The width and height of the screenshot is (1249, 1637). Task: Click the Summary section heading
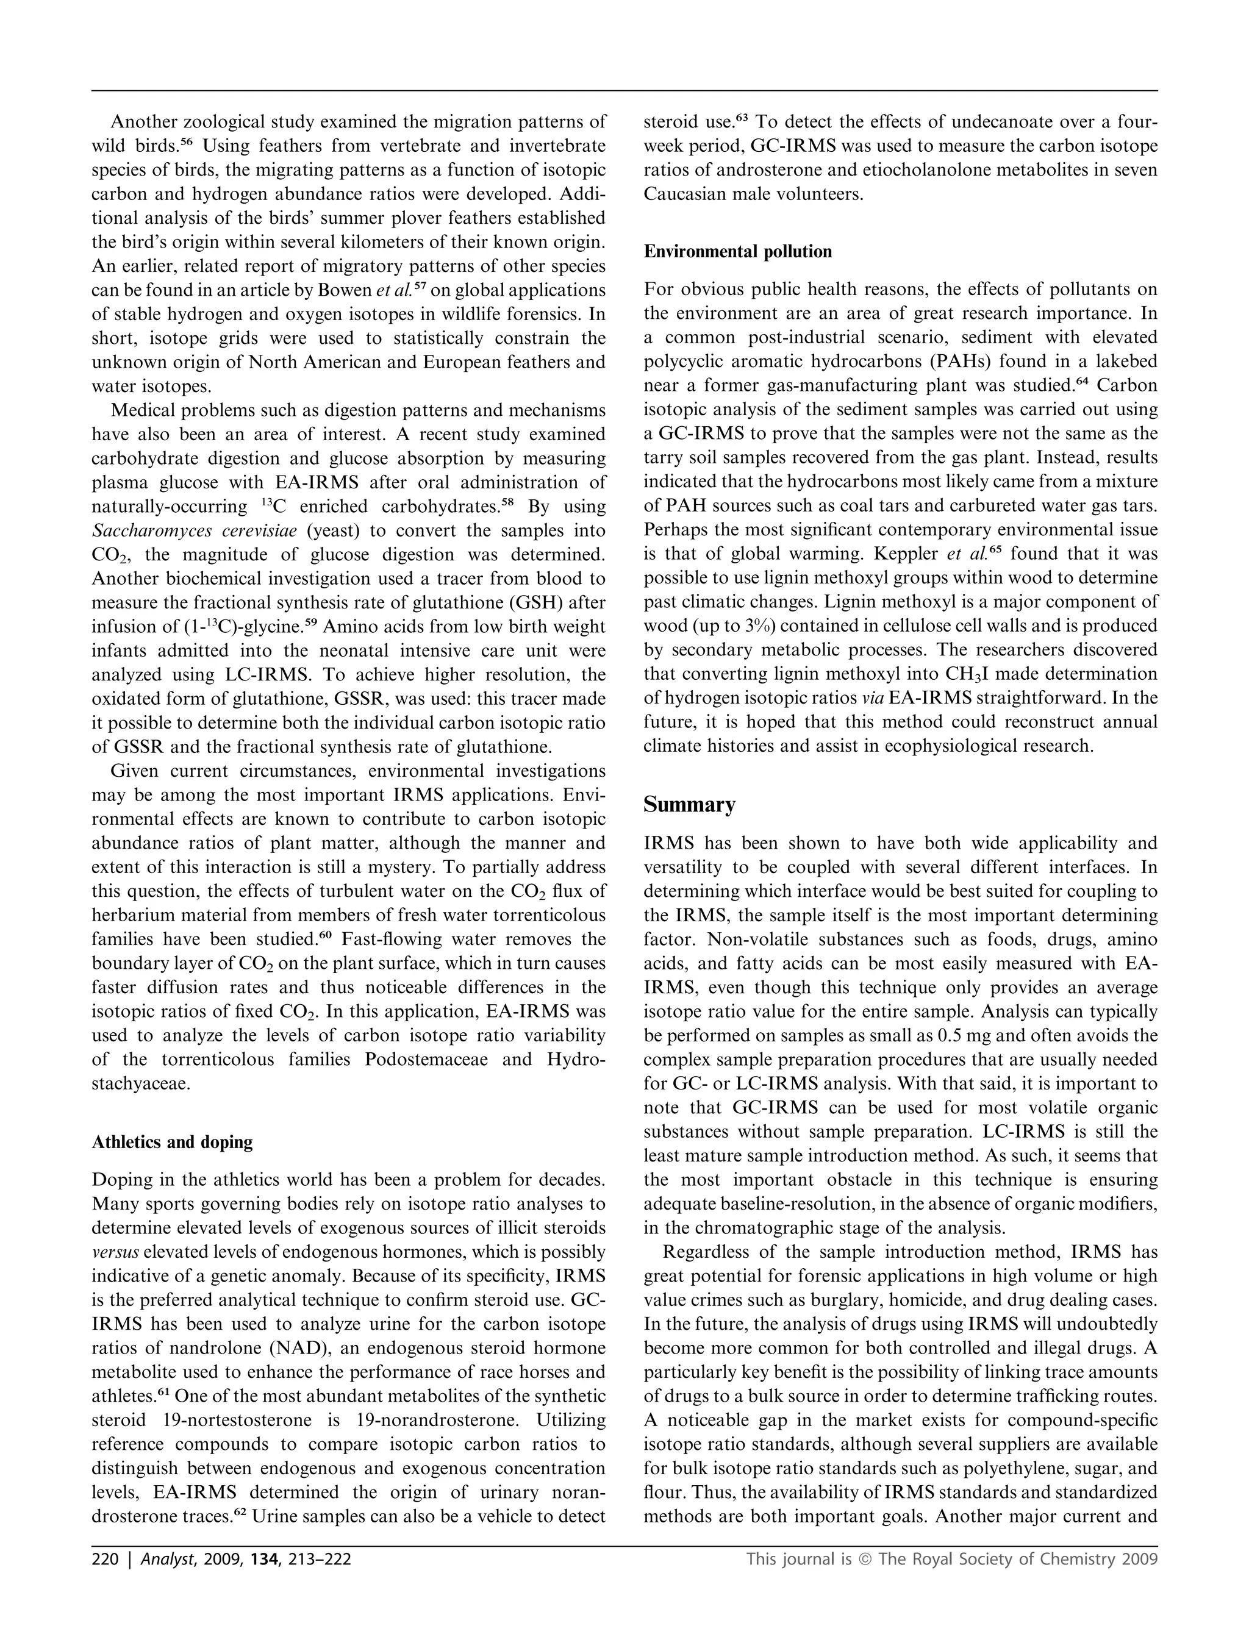pyautogui.click(x=689, y=805)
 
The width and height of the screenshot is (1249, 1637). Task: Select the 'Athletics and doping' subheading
pyautogui.click(x=172, y=1141)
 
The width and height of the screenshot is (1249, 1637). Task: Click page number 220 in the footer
pyautogui.click(x=105, y=1559)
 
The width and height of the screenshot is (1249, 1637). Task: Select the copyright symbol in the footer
pyautogui.click(x=865, y=1559)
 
